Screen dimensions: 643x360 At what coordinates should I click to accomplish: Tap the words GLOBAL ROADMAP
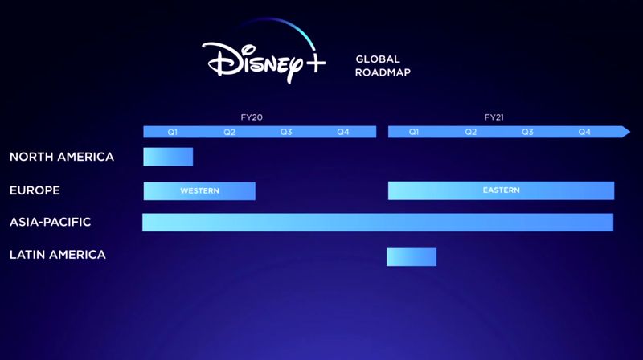point(383,66)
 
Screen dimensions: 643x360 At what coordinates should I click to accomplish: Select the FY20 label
point(252,117)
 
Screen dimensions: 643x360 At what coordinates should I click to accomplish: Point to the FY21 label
point(494,117)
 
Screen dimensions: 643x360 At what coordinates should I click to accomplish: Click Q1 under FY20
point(172,132)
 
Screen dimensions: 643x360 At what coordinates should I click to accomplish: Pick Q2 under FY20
point(229,132)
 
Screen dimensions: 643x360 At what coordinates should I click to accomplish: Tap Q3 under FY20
point(286,132)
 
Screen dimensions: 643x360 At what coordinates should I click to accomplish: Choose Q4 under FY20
point(343,132)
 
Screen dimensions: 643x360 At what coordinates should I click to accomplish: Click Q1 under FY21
point(414,132)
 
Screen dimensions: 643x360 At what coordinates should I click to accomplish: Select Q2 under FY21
point(471,132)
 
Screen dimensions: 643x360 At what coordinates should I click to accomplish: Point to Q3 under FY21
point(527,132)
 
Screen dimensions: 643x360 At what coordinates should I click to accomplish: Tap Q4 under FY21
point(584,132)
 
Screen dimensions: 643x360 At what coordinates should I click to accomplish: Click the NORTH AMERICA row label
point(62,157)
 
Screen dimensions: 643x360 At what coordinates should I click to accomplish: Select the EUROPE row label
point(35,190)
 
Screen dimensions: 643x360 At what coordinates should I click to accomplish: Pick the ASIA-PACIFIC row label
point(50,222)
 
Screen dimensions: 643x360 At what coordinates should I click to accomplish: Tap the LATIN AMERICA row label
point(57,255)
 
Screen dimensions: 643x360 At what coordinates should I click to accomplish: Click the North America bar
point(168,157)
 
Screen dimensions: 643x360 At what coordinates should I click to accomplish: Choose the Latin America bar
point(412,257)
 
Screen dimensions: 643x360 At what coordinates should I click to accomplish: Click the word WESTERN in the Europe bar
point(199,191)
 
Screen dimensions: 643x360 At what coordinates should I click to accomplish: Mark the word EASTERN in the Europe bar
point(501,190)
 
